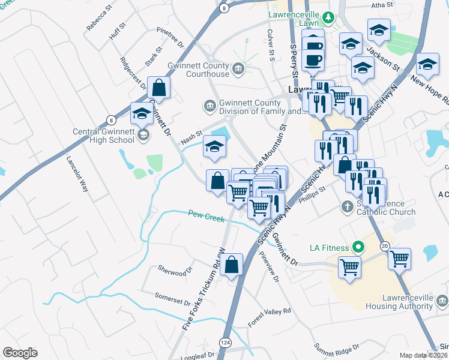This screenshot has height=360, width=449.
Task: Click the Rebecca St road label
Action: pyautogui.click(x=100, y=18)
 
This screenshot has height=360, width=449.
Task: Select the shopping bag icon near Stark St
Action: pyautogui.click(x=160, y=88)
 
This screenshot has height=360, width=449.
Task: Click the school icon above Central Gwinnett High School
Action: pyautogui.click(x=142, y=113)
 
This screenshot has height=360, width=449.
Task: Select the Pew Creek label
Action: pyautogui.click(x=205, y=215)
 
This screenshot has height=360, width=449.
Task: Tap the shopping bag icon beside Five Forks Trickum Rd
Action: pyautogui.click(x=231, y=264)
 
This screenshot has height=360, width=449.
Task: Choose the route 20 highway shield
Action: pyautogui.click(x=384, y=246)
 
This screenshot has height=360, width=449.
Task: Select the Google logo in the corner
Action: pyautogui.click(x=19, y=353)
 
